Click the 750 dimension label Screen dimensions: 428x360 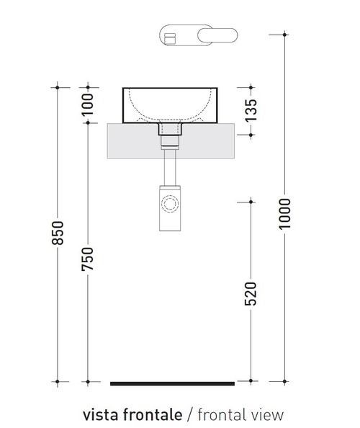(x=87, y=259)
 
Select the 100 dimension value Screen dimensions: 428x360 (x=87, y=104)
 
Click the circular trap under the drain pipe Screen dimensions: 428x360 (x=171, y=204)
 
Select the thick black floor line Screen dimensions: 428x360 (x=172, y=383)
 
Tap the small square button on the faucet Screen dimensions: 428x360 (x=171, y=36)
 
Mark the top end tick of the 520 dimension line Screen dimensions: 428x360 (x=250, y=200)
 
